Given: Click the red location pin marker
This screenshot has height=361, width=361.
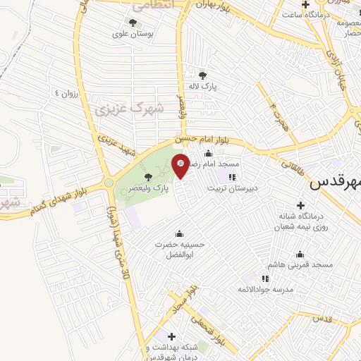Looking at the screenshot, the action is tap(181, 166).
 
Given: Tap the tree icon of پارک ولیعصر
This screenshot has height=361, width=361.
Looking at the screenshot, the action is tap(148, 177).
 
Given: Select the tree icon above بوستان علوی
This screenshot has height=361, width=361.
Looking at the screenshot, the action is tap(133, 23).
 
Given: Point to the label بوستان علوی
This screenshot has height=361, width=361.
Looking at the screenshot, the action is tap(133, 33).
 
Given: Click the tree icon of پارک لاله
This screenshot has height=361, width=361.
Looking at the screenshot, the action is tap(203, 75).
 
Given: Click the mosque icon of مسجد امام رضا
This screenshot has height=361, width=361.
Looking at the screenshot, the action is tap(208, 154).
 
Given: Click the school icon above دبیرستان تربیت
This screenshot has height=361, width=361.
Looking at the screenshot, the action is tap(232, 177).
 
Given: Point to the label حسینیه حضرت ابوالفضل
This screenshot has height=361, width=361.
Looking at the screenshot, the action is tap(180, 247).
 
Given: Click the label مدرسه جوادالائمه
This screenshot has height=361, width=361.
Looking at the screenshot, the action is tap(264, 289).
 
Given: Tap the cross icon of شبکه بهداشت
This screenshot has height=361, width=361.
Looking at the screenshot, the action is tap(171, 336).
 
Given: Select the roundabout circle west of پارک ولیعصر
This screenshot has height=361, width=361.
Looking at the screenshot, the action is tap(109, 183).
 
